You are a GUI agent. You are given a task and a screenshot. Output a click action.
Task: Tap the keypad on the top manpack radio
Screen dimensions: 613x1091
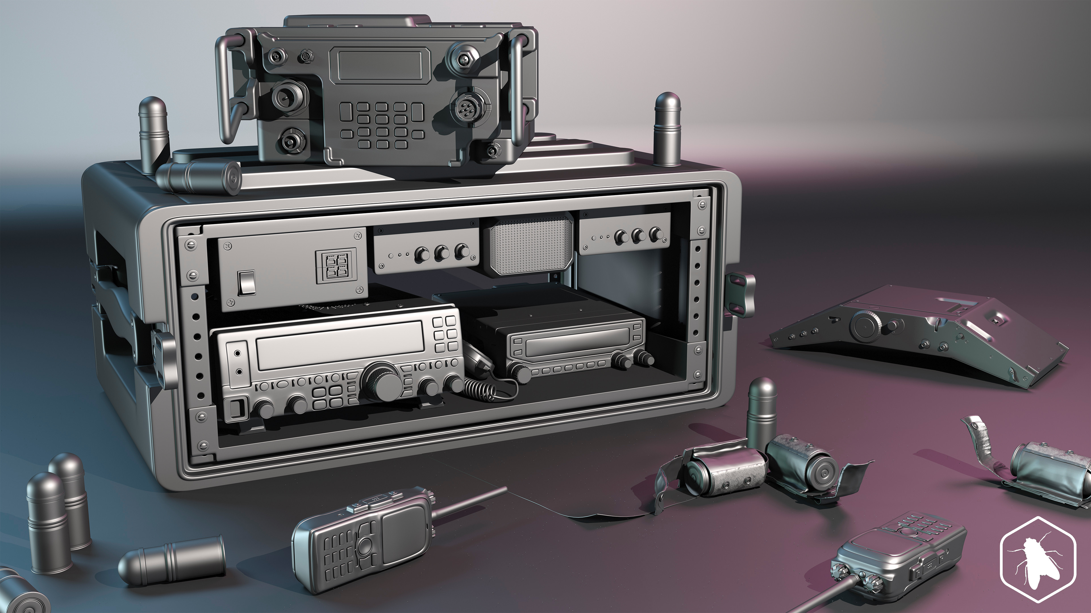tap(381, 125)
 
